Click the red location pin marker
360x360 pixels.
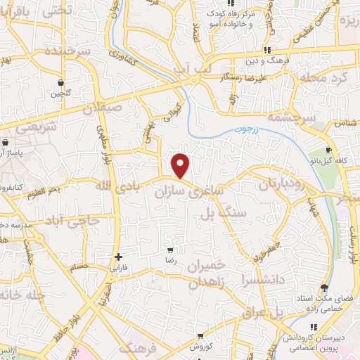181,165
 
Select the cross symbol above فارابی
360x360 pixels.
118,257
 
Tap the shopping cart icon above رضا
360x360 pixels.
169,250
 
